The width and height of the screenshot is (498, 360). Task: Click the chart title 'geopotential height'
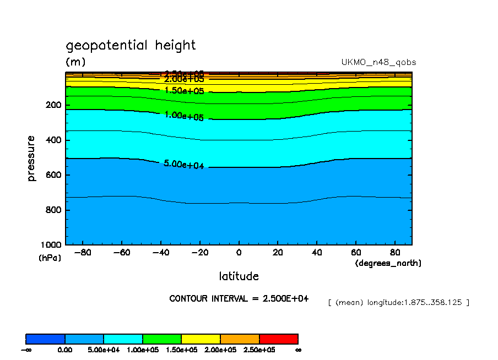pyautogui.click(x=131, y=45)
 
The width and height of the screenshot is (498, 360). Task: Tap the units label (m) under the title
pyautogui.click(x=75, y=62)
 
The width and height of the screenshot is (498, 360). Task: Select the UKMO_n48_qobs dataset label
pyautogui.click(x=378, y=62)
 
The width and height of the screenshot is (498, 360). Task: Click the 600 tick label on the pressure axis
pyautogui.click(x=53, y=175)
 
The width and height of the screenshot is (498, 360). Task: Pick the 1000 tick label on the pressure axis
pyautogui.click(x=51, y=244)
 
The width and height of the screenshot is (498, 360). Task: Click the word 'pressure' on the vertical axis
pyautogui.click(x=31, y=159)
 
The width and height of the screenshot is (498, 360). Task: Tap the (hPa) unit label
pyautogui.click(x=50, y=258)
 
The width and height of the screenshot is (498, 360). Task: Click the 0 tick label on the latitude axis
pyautogui.click(x=239, y=253)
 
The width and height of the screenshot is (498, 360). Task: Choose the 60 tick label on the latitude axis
pyautogui.click(x=355, y=253)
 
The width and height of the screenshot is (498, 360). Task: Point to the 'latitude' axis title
pyautogui.click(x=239, y=276)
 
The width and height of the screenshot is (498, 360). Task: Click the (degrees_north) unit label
pyautogui.click(x=388, y=263)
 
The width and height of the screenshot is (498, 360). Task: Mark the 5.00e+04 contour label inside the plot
pyautogui.click(x=184, y=164)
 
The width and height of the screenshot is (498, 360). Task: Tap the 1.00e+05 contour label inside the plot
pyautogui.click(x=184, y=116)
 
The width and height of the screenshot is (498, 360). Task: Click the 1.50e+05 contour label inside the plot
pyautogui.click(x=184, y=90)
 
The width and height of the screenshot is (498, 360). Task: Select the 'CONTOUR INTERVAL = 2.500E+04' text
pyautogui.click(x=239, y=298)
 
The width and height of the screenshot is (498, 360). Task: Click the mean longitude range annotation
pyautogui.click(x=398, y=302)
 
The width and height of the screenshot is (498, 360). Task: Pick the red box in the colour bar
pyautogui.click(x=278, y=339)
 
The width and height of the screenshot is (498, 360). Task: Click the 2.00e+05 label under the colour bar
pyautogui.click(x=220, y=350)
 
